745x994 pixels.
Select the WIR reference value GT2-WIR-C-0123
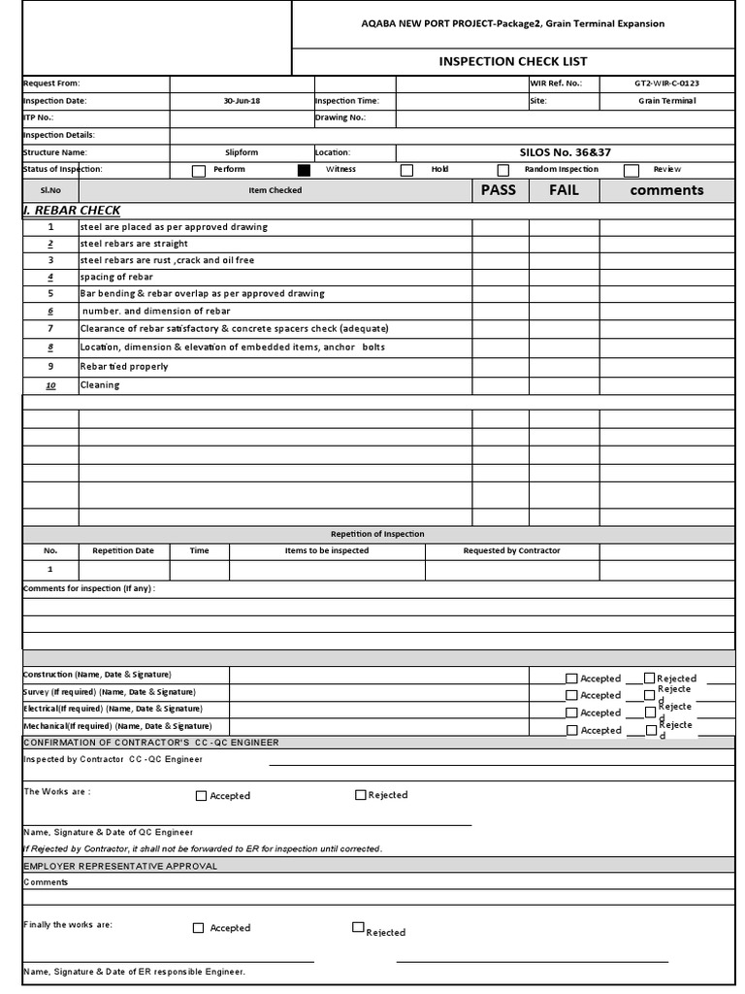pyautogui.click(x=666, y=83)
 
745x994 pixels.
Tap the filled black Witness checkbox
pyautogui.click(x=305, y=171)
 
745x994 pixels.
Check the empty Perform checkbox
pyautogui.click(x=199, y=171)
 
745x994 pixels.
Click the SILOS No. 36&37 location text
pyautogui.click(x=566, y=152)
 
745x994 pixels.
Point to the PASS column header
pyautogui.click(x=499, y=190)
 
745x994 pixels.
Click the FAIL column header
pyautogui.click(x=564, y=190)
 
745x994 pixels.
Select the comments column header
pyautogui.click(x=666, y=190)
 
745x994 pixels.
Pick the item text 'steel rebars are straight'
pyautogui.click(x=134, y=244)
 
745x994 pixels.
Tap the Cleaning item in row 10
pyautogui.click(x=100, y=385)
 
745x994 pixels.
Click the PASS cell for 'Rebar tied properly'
pyautogui.click(x=500, y=367)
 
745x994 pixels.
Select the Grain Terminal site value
pyautogui.click(x=666, y=101)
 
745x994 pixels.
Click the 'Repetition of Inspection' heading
pyautogui.click(x=377, y=534)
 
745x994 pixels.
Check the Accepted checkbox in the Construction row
pyautogui.click(x=571, y=679)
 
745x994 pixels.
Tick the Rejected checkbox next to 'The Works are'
pyautogui.click(x=361, y=795)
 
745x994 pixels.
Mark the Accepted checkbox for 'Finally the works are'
pyautogui.click(x=199, y=928)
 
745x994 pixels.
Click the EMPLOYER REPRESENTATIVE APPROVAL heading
pyautogui.click(x=120, y=865)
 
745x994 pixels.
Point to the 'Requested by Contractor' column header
pyautogui.click(x=511, y=550)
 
